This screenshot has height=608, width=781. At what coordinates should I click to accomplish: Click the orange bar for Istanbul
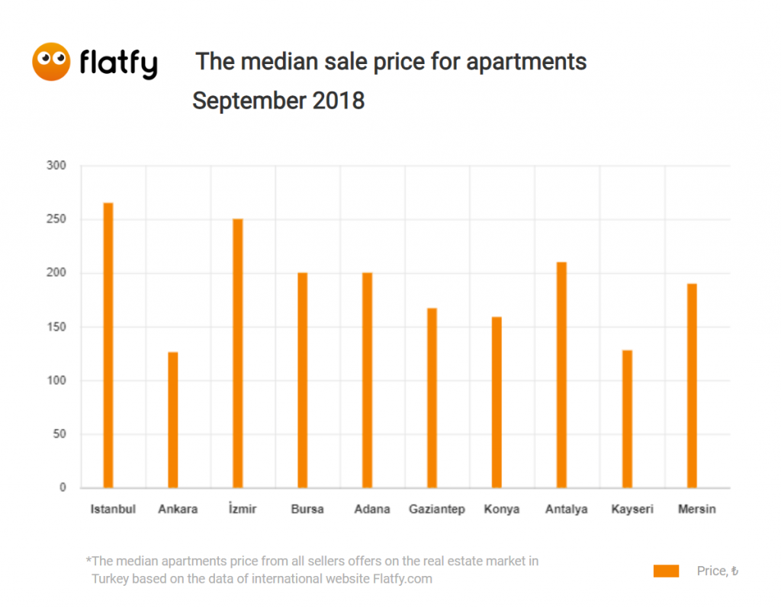pos(108,345)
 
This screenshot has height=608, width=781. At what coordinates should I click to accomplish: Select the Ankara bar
pos(173,420)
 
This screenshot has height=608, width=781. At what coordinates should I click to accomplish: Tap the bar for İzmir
pos(238,353)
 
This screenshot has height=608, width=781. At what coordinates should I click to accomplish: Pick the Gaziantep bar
pos(432,397)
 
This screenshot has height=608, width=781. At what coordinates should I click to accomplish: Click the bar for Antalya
pos(562,375)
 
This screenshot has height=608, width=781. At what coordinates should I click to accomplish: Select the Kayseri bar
pos(627,419)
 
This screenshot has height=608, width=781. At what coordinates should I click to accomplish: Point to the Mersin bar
pos(692,385)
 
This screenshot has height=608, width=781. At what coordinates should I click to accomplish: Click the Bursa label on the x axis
pos(307,510)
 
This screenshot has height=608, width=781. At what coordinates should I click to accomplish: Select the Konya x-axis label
pos(502,510)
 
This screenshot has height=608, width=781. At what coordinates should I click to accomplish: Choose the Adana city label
pos(372,510)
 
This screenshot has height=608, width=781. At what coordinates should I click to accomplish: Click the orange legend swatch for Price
pos(666,571)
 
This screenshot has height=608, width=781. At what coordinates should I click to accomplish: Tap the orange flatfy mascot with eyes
pos(51,62)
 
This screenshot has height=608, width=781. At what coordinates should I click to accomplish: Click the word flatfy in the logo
pos(118,63)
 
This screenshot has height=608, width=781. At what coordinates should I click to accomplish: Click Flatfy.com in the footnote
pos(403,578)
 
